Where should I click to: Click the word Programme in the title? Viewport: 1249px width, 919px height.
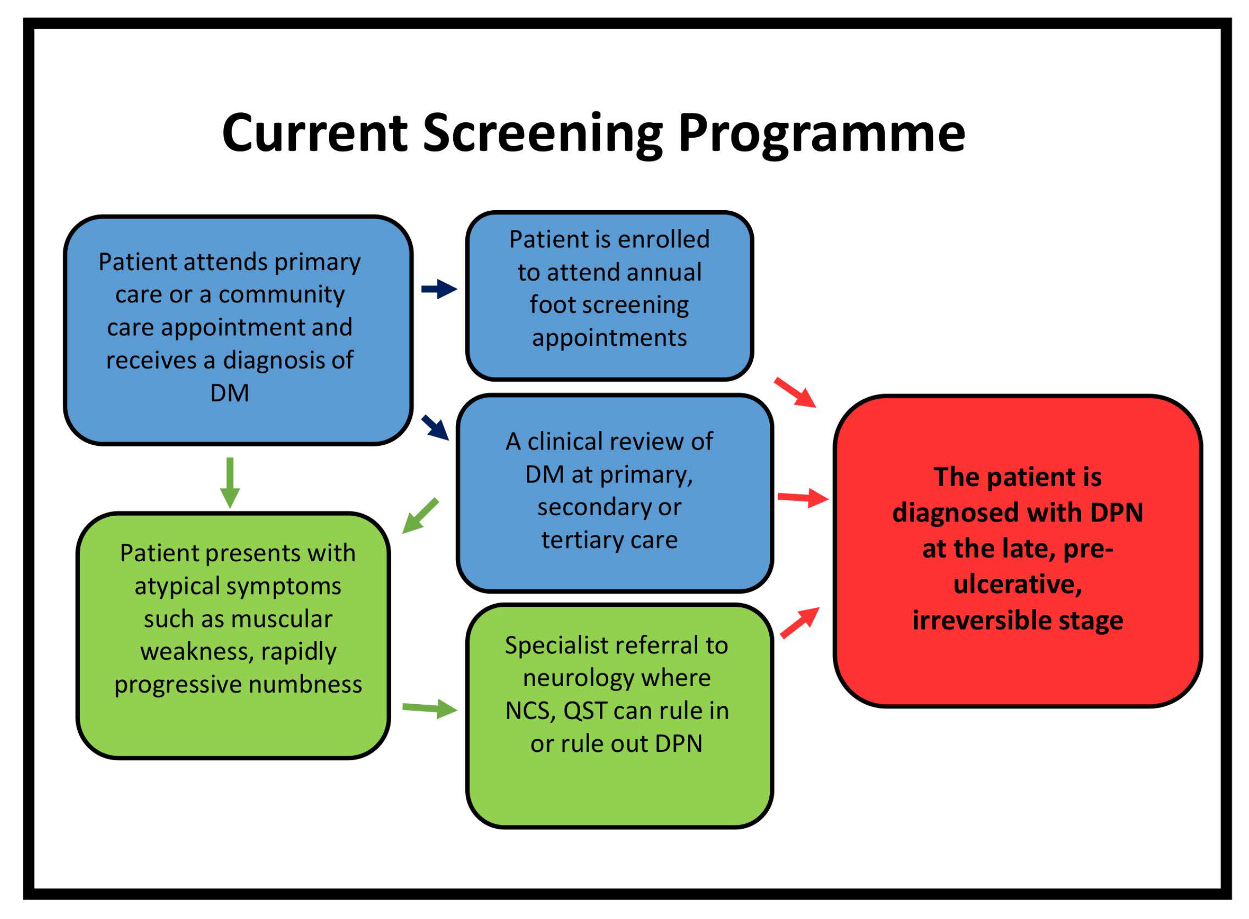tap(821, 134)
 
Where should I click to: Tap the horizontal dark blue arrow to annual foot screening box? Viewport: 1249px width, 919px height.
tap(439, 289)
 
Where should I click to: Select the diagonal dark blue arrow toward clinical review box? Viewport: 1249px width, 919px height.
tap(435, 428)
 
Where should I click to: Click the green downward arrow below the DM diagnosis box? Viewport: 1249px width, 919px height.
tap(230, 482)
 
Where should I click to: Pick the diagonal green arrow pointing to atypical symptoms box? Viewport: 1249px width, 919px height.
tap(420, 516)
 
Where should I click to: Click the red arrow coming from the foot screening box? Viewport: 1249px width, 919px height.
tap(795, 392)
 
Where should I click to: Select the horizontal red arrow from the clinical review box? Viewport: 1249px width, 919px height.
tap(802, 498)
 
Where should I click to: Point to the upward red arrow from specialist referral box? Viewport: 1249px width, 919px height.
tap(800, 622)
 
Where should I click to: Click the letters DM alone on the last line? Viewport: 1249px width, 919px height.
tap(229, 393)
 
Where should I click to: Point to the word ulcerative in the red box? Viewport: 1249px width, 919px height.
tap(1017, 584)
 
